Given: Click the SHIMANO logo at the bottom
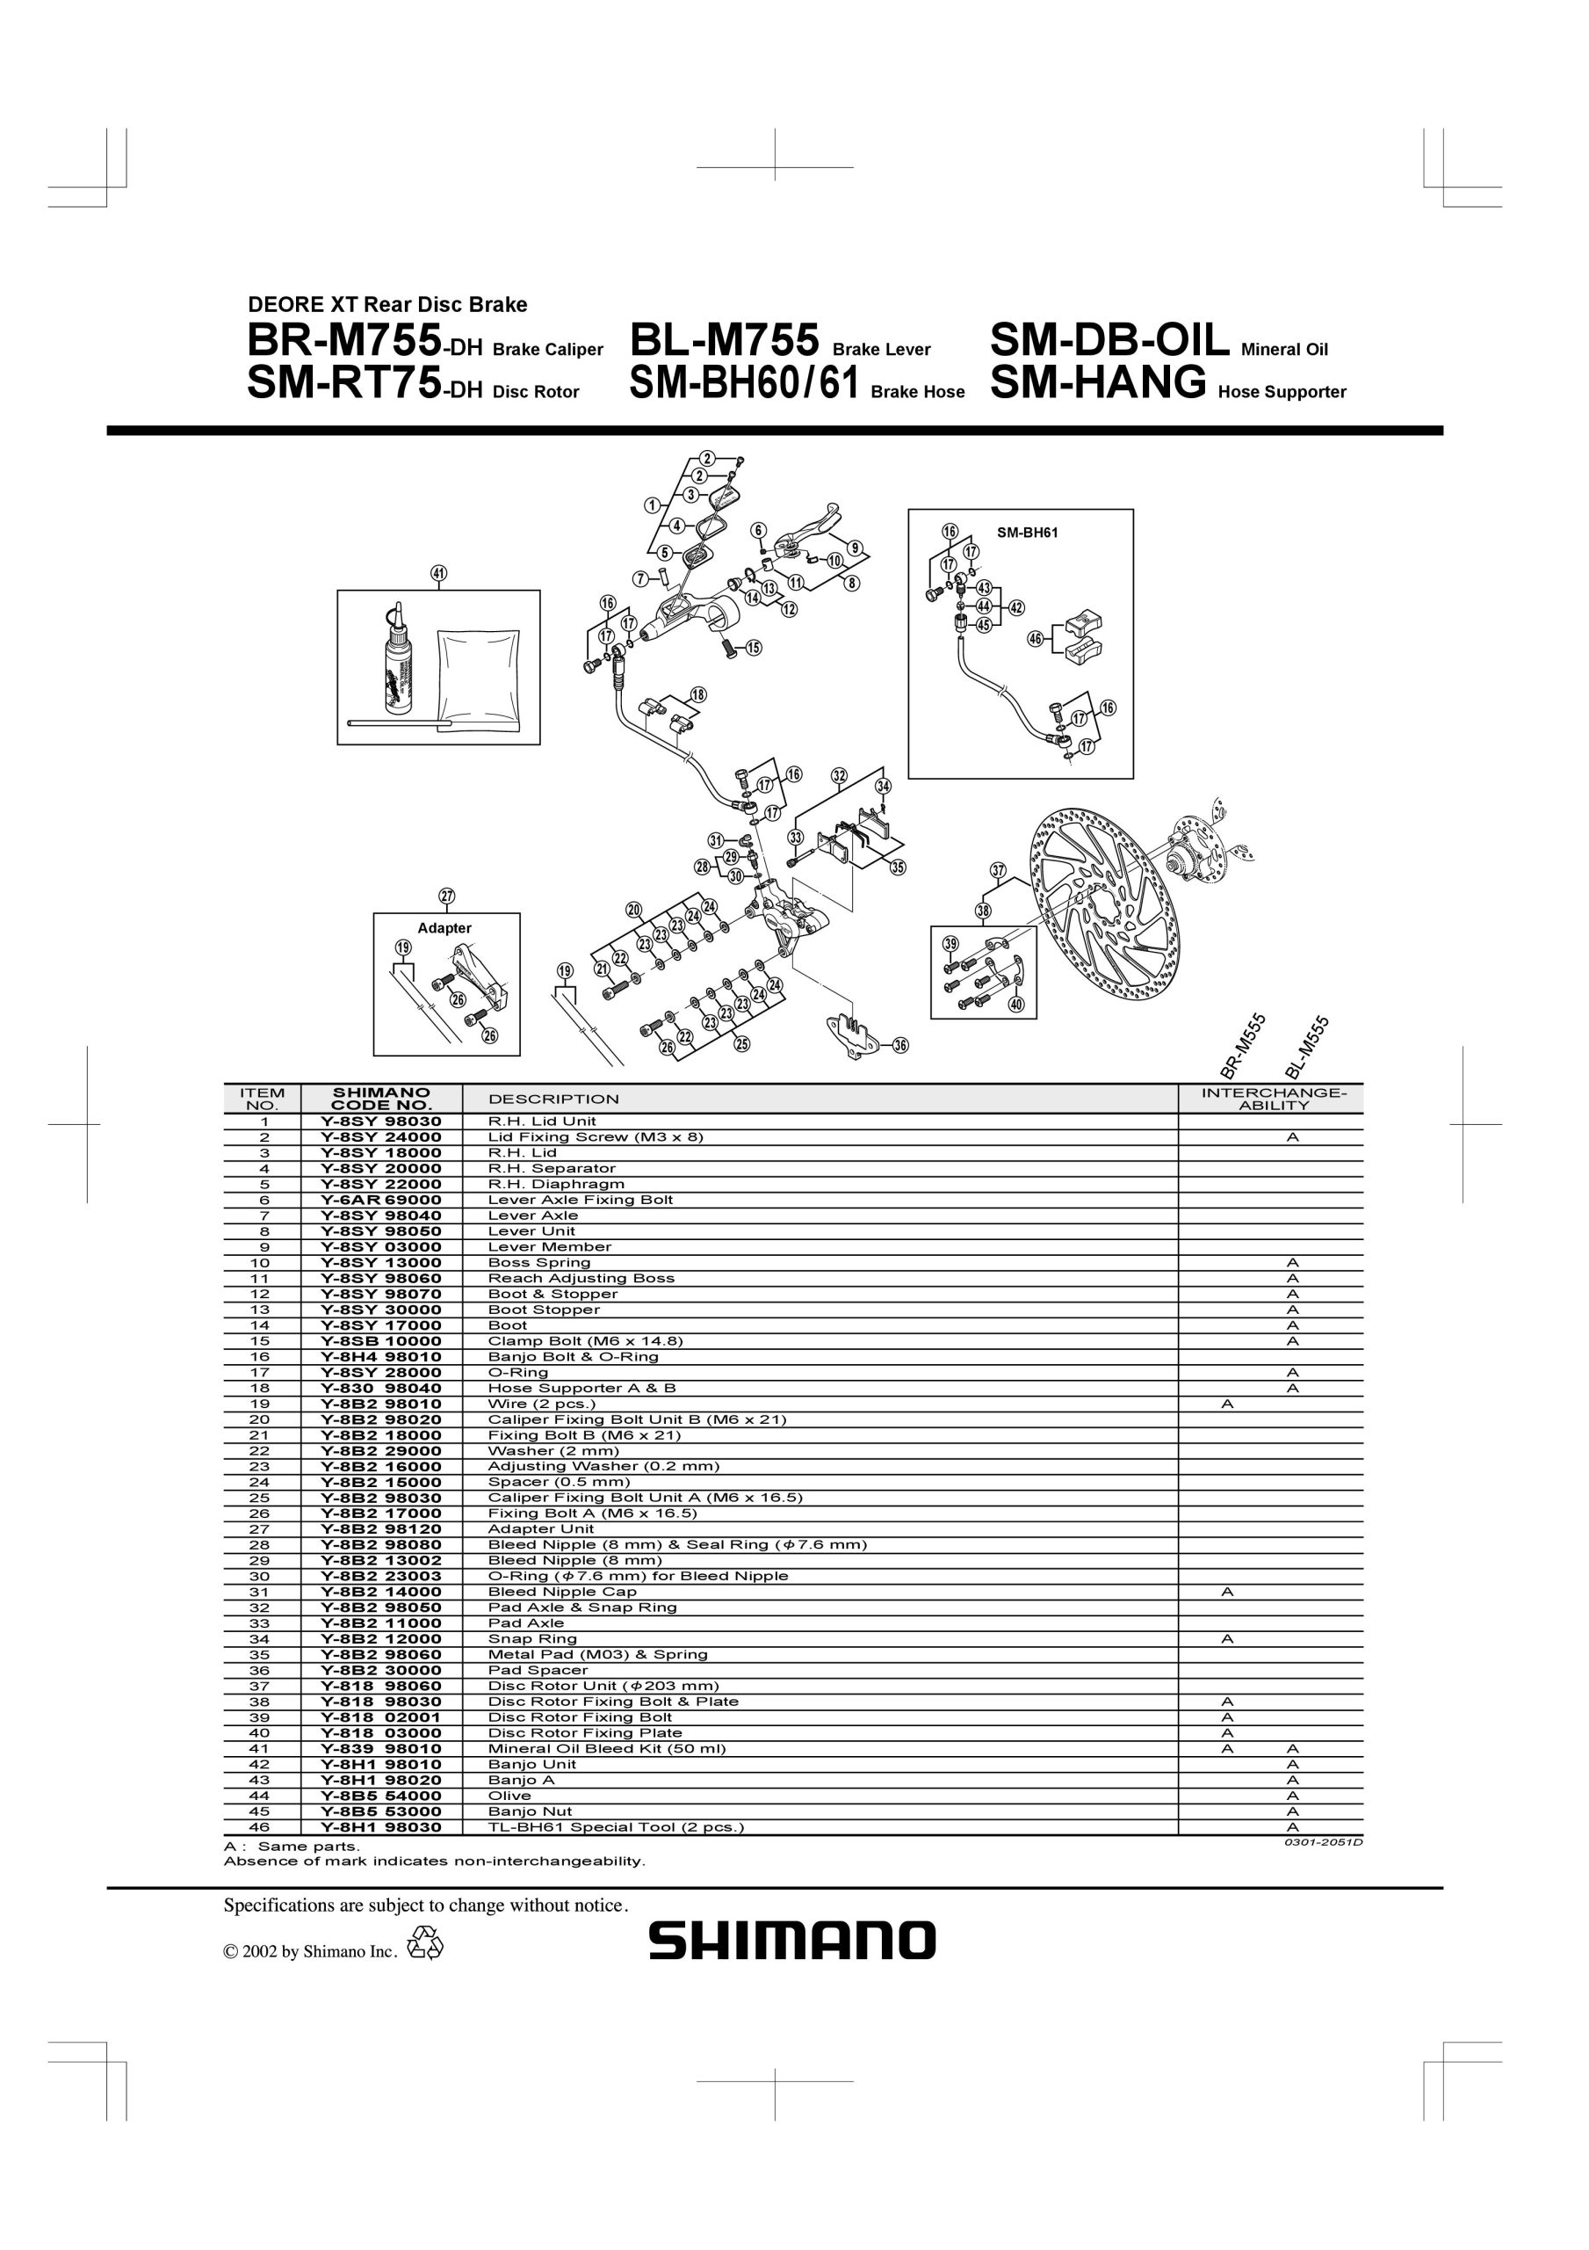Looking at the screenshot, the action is point(791,1940).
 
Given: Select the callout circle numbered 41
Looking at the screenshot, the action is point(438,573).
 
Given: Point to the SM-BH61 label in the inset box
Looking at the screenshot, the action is point(1027,533).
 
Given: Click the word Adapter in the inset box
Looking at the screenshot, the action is point(444,928).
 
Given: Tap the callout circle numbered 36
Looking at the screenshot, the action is point(900,1046).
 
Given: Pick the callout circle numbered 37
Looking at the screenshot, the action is point(997,870).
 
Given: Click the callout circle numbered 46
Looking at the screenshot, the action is point(1036,639).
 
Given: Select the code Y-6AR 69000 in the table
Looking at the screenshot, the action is point(381,1200).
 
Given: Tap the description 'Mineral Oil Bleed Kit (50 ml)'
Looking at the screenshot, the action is point(607,1748).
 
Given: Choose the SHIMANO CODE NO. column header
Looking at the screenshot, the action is point(381,1099).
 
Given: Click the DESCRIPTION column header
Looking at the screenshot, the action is point(553,1100).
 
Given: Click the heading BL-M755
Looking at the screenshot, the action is point(724,341).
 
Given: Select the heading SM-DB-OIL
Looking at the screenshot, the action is point(1110,341).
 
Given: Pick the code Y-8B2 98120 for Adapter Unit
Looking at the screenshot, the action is point(381,1528).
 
